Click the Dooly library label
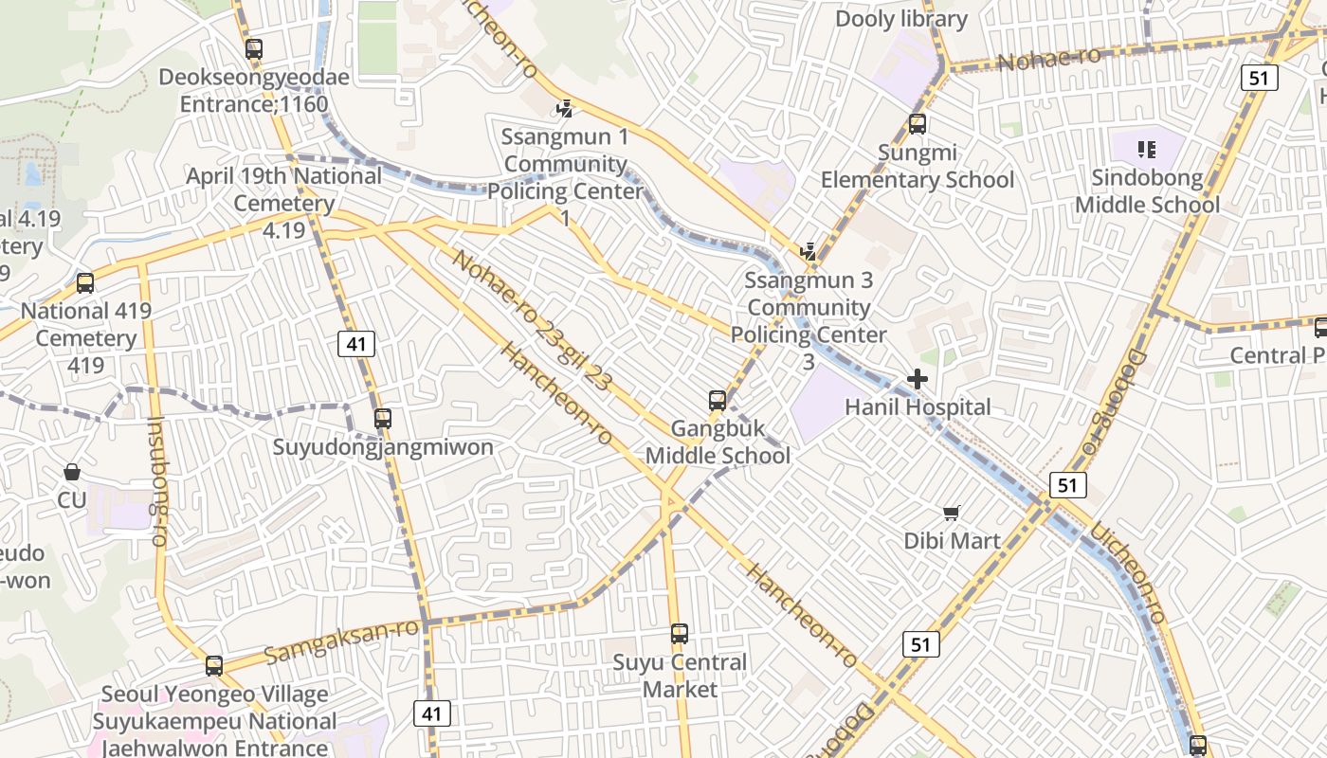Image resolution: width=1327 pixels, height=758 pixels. pyautogui.click(x=900, y=19)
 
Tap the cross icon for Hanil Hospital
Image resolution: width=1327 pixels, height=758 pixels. pyautogui.click(x=917, y=380)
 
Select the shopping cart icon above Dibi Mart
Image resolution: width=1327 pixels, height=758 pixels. pyautogui.click(x=952, y=514)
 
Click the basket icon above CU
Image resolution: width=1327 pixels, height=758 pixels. pyautogui.click(x=72, y=472)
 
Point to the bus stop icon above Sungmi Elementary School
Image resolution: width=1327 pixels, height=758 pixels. pyautogui.click(x=917, y=124)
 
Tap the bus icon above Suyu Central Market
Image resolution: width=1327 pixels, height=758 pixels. pyautogui.click(x=680, y=634)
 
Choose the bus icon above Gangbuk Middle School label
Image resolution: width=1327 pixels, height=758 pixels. pyautogui.click(x=718, y=401)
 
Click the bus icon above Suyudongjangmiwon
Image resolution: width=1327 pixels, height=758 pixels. pyautogui.click(x=383, y=419)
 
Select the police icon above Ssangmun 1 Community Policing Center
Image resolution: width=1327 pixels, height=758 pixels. pyautogui.click(x=565, y=109)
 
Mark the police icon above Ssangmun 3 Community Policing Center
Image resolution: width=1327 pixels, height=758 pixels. pyautogui.click(x=809, y=252)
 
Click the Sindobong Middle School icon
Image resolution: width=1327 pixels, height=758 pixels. pyautogui.click(x=1147, y=150)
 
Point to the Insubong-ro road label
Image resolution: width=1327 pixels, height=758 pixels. pyautogui.click(x=156, y=481)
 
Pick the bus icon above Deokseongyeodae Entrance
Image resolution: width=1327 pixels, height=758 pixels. pyautogui.click(x=253, y=49)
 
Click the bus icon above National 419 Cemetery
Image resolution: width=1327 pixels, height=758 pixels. pyautogui.click(x=85, y=282)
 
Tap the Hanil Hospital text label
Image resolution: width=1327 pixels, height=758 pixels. pyautogui.click(x=918, y=407)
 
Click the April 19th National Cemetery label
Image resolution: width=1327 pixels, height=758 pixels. pyautogui.click(x=283, y=189)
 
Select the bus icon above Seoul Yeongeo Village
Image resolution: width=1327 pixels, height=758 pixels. pyautogui.click(x=214, y=666)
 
